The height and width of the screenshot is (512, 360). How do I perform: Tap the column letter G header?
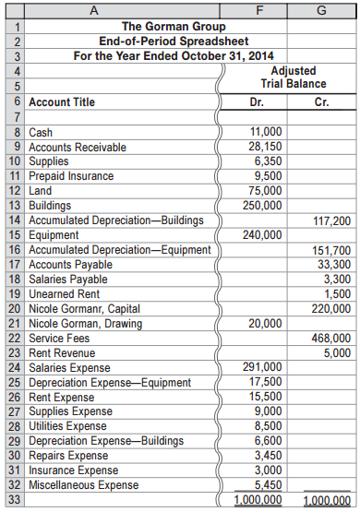[321, 9]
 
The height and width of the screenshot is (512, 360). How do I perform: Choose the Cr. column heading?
[321, 101]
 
